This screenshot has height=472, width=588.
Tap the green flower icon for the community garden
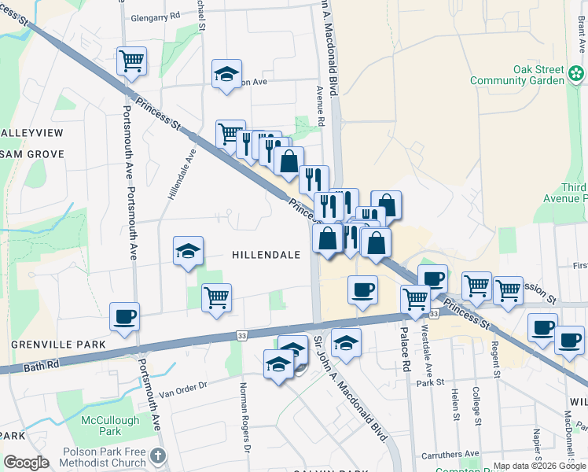click(577, 75)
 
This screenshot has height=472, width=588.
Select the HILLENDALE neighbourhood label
click(266, 255)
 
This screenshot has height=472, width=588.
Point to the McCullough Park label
click(110, 426)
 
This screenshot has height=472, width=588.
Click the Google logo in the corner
click(26, 463)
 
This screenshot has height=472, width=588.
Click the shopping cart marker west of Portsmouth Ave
click(131, 61)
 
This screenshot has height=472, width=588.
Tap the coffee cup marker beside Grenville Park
click(124, 318)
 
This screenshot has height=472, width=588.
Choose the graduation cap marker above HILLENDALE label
click(189, 252)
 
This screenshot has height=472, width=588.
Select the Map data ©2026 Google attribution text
click(539, 466)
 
